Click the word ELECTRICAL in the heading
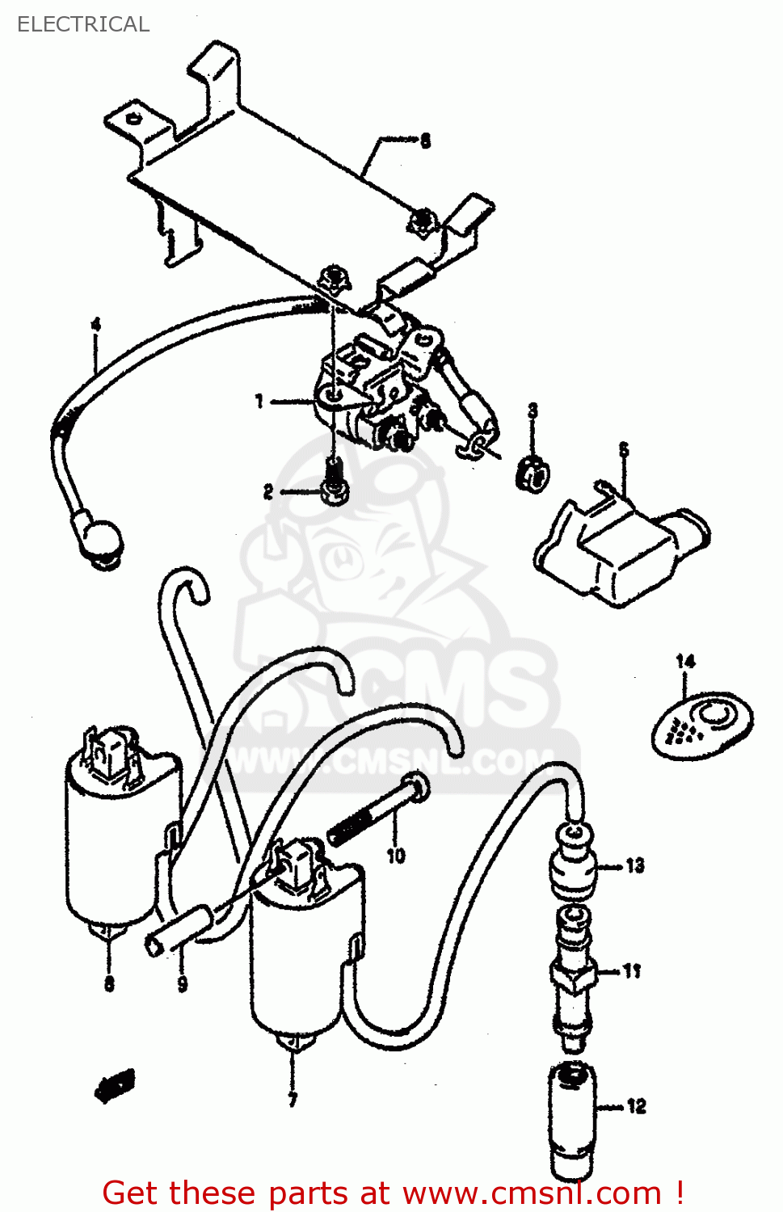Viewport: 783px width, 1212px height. [83, 24]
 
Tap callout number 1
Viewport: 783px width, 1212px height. [259, 401]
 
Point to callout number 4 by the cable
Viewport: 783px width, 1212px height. [96, 326]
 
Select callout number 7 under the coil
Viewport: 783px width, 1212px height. [293, 1100]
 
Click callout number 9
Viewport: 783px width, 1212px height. [183, 983]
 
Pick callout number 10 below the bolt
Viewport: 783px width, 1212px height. [395, 856]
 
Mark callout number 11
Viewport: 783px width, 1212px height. [632, 970]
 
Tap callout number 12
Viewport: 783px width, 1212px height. [637, 1106]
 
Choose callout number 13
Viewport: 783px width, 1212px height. [635, 866]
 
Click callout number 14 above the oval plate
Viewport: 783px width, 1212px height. [685, 661]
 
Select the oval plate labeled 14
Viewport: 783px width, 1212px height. [702, 725]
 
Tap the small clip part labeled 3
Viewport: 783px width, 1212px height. [532, 473]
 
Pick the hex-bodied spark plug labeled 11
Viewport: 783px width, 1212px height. [573, 978]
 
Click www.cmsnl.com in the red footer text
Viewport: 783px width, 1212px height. [533, 1193]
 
